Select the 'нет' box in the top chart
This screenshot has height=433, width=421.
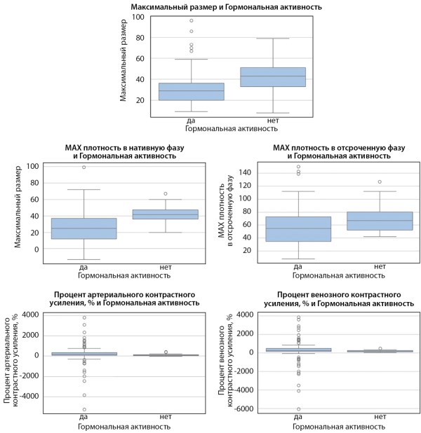tap(272, 77)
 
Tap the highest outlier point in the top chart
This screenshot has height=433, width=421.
tap(191, 20)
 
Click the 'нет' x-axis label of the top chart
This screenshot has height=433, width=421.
tap(272, 121)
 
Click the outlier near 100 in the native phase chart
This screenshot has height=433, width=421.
tap(83, 167)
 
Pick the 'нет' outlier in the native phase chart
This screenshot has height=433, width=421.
tap(165, 193)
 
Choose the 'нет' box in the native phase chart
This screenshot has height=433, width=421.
tap(165, 214)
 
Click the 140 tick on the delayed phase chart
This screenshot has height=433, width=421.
tap(249, 172)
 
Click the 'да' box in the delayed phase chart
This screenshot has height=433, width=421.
tap(298, 229)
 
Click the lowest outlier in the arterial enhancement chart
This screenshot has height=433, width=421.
tap(83, 409)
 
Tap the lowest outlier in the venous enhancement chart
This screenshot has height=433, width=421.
tap(298, 409)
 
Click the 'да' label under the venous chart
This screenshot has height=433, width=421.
tap(298, 418)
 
